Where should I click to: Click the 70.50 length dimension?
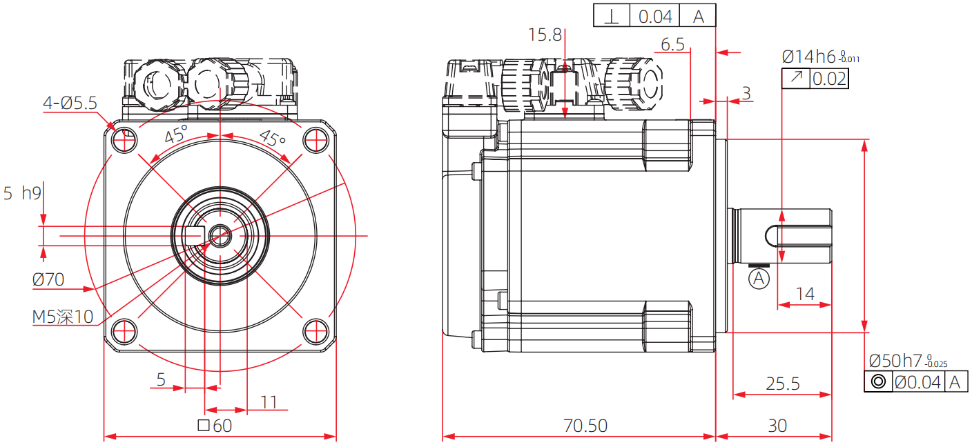tap(585, 426)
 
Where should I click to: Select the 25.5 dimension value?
tap(782, 384)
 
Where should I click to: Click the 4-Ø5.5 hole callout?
tap(70, 103)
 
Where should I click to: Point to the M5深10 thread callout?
tap(63, 317)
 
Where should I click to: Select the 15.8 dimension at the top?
tap(545, 35)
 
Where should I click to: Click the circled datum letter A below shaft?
tap(759, 279)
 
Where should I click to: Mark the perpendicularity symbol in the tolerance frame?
tap(612, 16)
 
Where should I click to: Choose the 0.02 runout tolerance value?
tap(829, 79)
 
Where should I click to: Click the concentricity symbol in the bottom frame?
tap(878, 382)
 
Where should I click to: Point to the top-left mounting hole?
tap(125, 141)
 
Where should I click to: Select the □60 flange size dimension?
tap(215, 426)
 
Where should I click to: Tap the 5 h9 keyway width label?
tap(22, 193)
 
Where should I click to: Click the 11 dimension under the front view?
tap(269, 402)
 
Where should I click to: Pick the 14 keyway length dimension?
tap(805, 294)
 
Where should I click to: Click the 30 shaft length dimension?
tap(777, 426)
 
